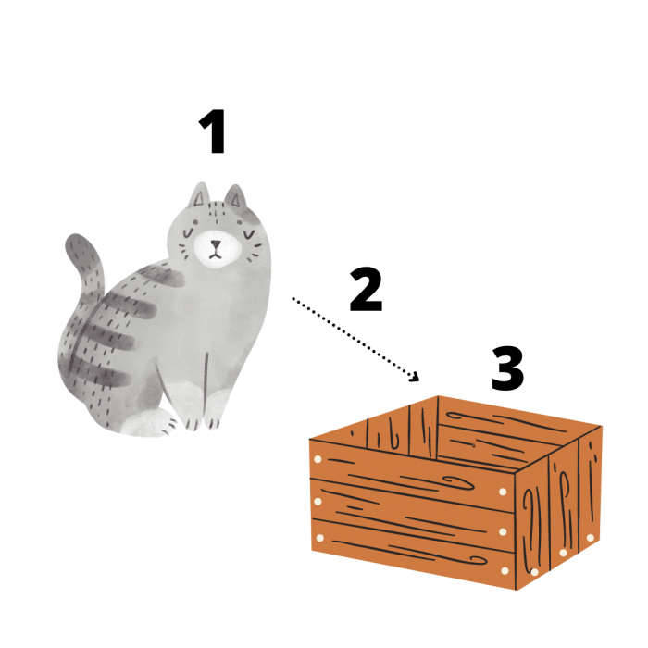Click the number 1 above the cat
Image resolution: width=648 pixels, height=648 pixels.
coord(213,131)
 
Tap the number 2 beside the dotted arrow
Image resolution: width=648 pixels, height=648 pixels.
coord(366,289)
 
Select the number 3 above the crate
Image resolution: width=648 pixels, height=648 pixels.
coord(507,368)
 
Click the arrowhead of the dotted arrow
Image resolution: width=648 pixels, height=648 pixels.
coord(414,376)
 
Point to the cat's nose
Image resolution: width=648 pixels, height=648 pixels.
coord(216,243)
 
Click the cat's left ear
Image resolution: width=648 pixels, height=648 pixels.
coord(200,195)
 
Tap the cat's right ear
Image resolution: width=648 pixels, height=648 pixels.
coord(235,196)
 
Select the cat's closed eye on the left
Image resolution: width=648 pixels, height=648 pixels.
coord(189,233)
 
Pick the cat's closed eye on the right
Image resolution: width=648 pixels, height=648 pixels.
coord(249,235)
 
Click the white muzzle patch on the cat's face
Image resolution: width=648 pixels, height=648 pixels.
coord(218,249)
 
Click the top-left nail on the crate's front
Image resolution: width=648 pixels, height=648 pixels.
coord(318,459)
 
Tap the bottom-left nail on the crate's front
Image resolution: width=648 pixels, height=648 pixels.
coord(319,538)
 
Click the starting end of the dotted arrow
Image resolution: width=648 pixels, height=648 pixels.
coord(293,298)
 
